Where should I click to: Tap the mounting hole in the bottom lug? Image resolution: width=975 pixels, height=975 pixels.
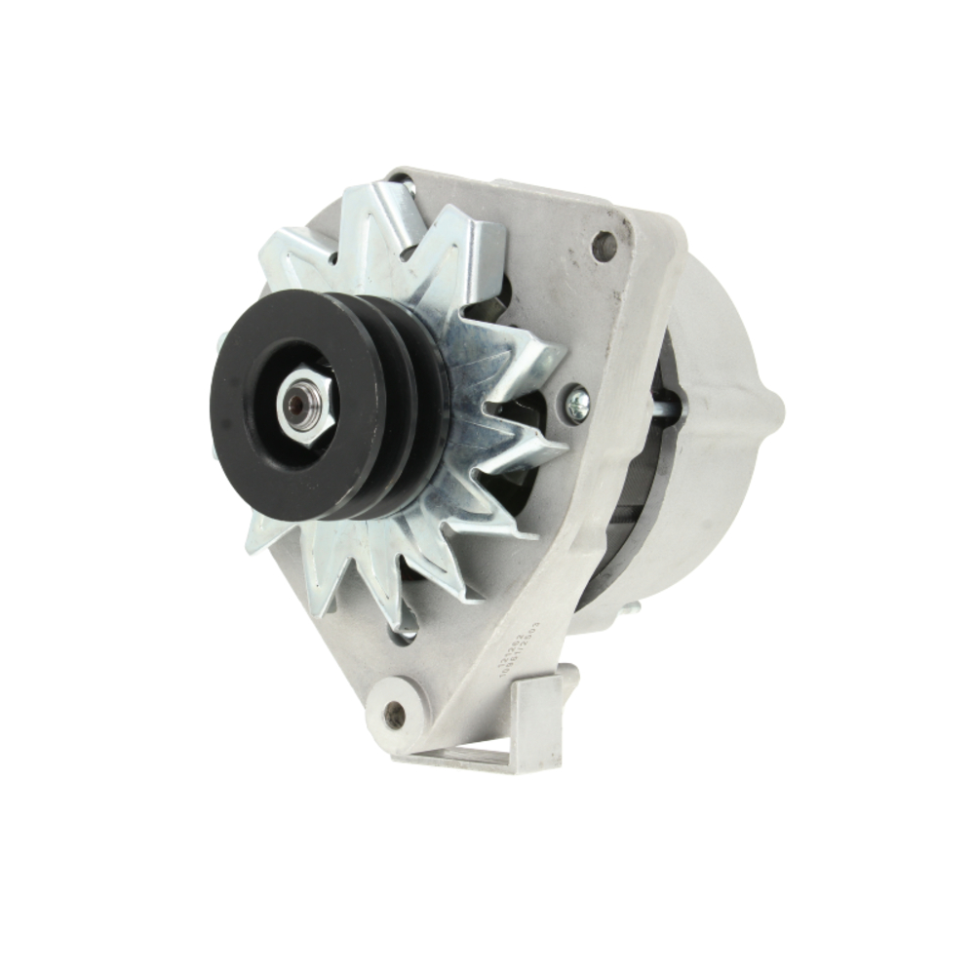395,714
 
